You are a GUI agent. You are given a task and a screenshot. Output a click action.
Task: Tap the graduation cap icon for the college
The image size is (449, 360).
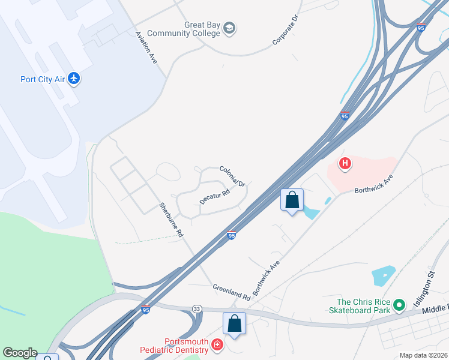point(229,28)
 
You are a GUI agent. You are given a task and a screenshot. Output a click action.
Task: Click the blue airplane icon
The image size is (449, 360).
point(74,79)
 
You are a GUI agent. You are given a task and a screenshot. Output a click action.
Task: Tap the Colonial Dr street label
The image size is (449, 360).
point(233,175)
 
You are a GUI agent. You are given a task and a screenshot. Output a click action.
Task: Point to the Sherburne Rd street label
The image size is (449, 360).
point(171,221)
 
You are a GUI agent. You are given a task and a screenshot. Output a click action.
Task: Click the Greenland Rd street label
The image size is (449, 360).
point(231,292)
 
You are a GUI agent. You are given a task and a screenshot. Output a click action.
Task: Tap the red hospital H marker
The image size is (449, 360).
point(345,163)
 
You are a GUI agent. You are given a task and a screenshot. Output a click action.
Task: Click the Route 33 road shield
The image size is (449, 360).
point(197,308)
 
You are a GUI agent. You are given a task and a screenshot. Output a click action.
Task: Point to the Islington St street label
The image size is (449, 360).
point(424,289)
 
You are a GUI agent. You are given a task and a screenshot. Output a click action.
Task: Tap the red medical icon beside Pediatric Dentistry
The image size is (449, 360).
point(217,345)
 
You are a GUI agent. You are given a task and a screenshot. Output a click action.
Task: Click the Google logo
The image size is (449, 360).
point(20,353)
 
